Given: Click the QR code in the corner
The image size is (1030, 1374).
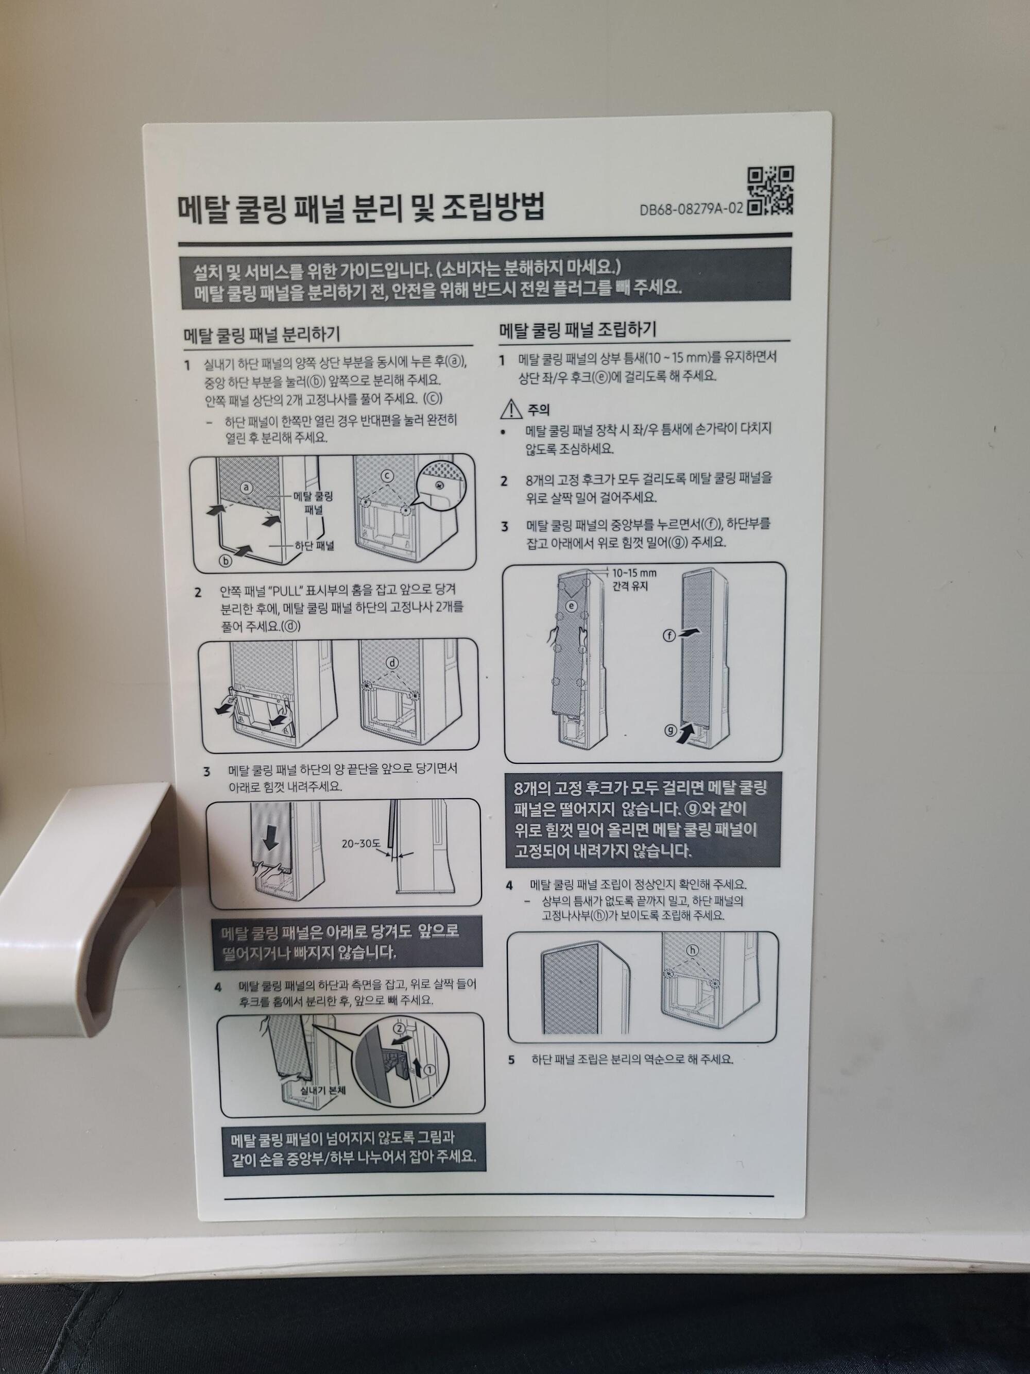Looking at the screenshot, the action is [x=770, y=190].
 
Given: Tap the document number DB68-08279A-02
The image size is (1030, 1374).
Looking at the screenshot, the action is [x=691, y=209].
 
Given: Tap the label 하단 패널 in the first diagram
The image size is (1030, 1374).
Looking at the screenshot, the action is [x=314, y=545].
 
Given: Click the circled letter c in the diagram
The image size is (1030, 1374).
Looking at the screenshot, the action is [x=387, y=475].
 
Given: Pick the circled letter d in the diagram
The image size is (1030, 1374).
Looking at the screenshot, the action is [x=392, y=663].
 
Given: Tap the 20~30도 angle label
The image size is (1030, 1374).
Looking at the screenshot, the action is [x=360, y=844].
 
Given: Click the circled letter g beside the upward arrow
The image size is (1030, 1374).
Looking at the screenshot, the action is [x=671, y=730].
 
